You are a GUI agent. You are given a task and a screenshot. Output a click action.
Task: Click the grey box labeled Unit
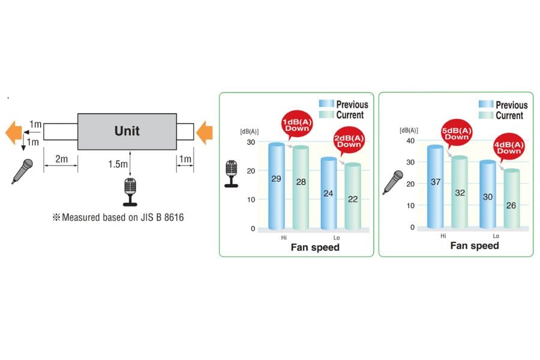point(127,130)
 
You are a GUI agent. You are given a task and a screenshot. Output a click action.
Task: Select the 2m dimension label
point(61,158)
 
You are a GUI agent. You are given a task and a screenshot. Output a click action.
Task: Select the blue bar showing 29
point(277,186)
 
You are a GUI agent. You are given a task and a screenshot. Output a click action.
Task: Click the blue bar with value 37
point(436,186)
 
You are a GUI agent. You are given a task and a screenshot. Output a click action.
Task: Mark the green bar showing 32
point(460,191)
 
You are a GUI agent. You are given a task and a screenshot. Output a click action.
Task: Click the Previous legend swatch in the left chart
point(326,104)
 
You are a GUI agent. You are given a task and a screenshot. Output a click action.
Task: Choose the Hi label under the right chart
point(443,236)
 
